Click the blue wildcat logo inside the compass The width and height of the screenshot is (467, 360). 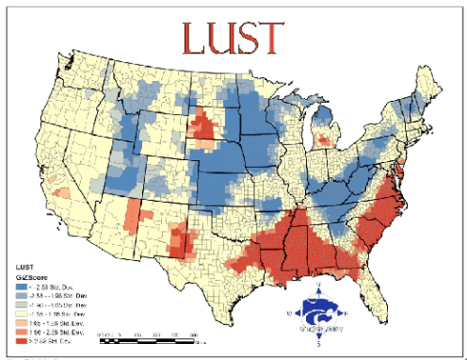pyautogui.click(x=319, y=316)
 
